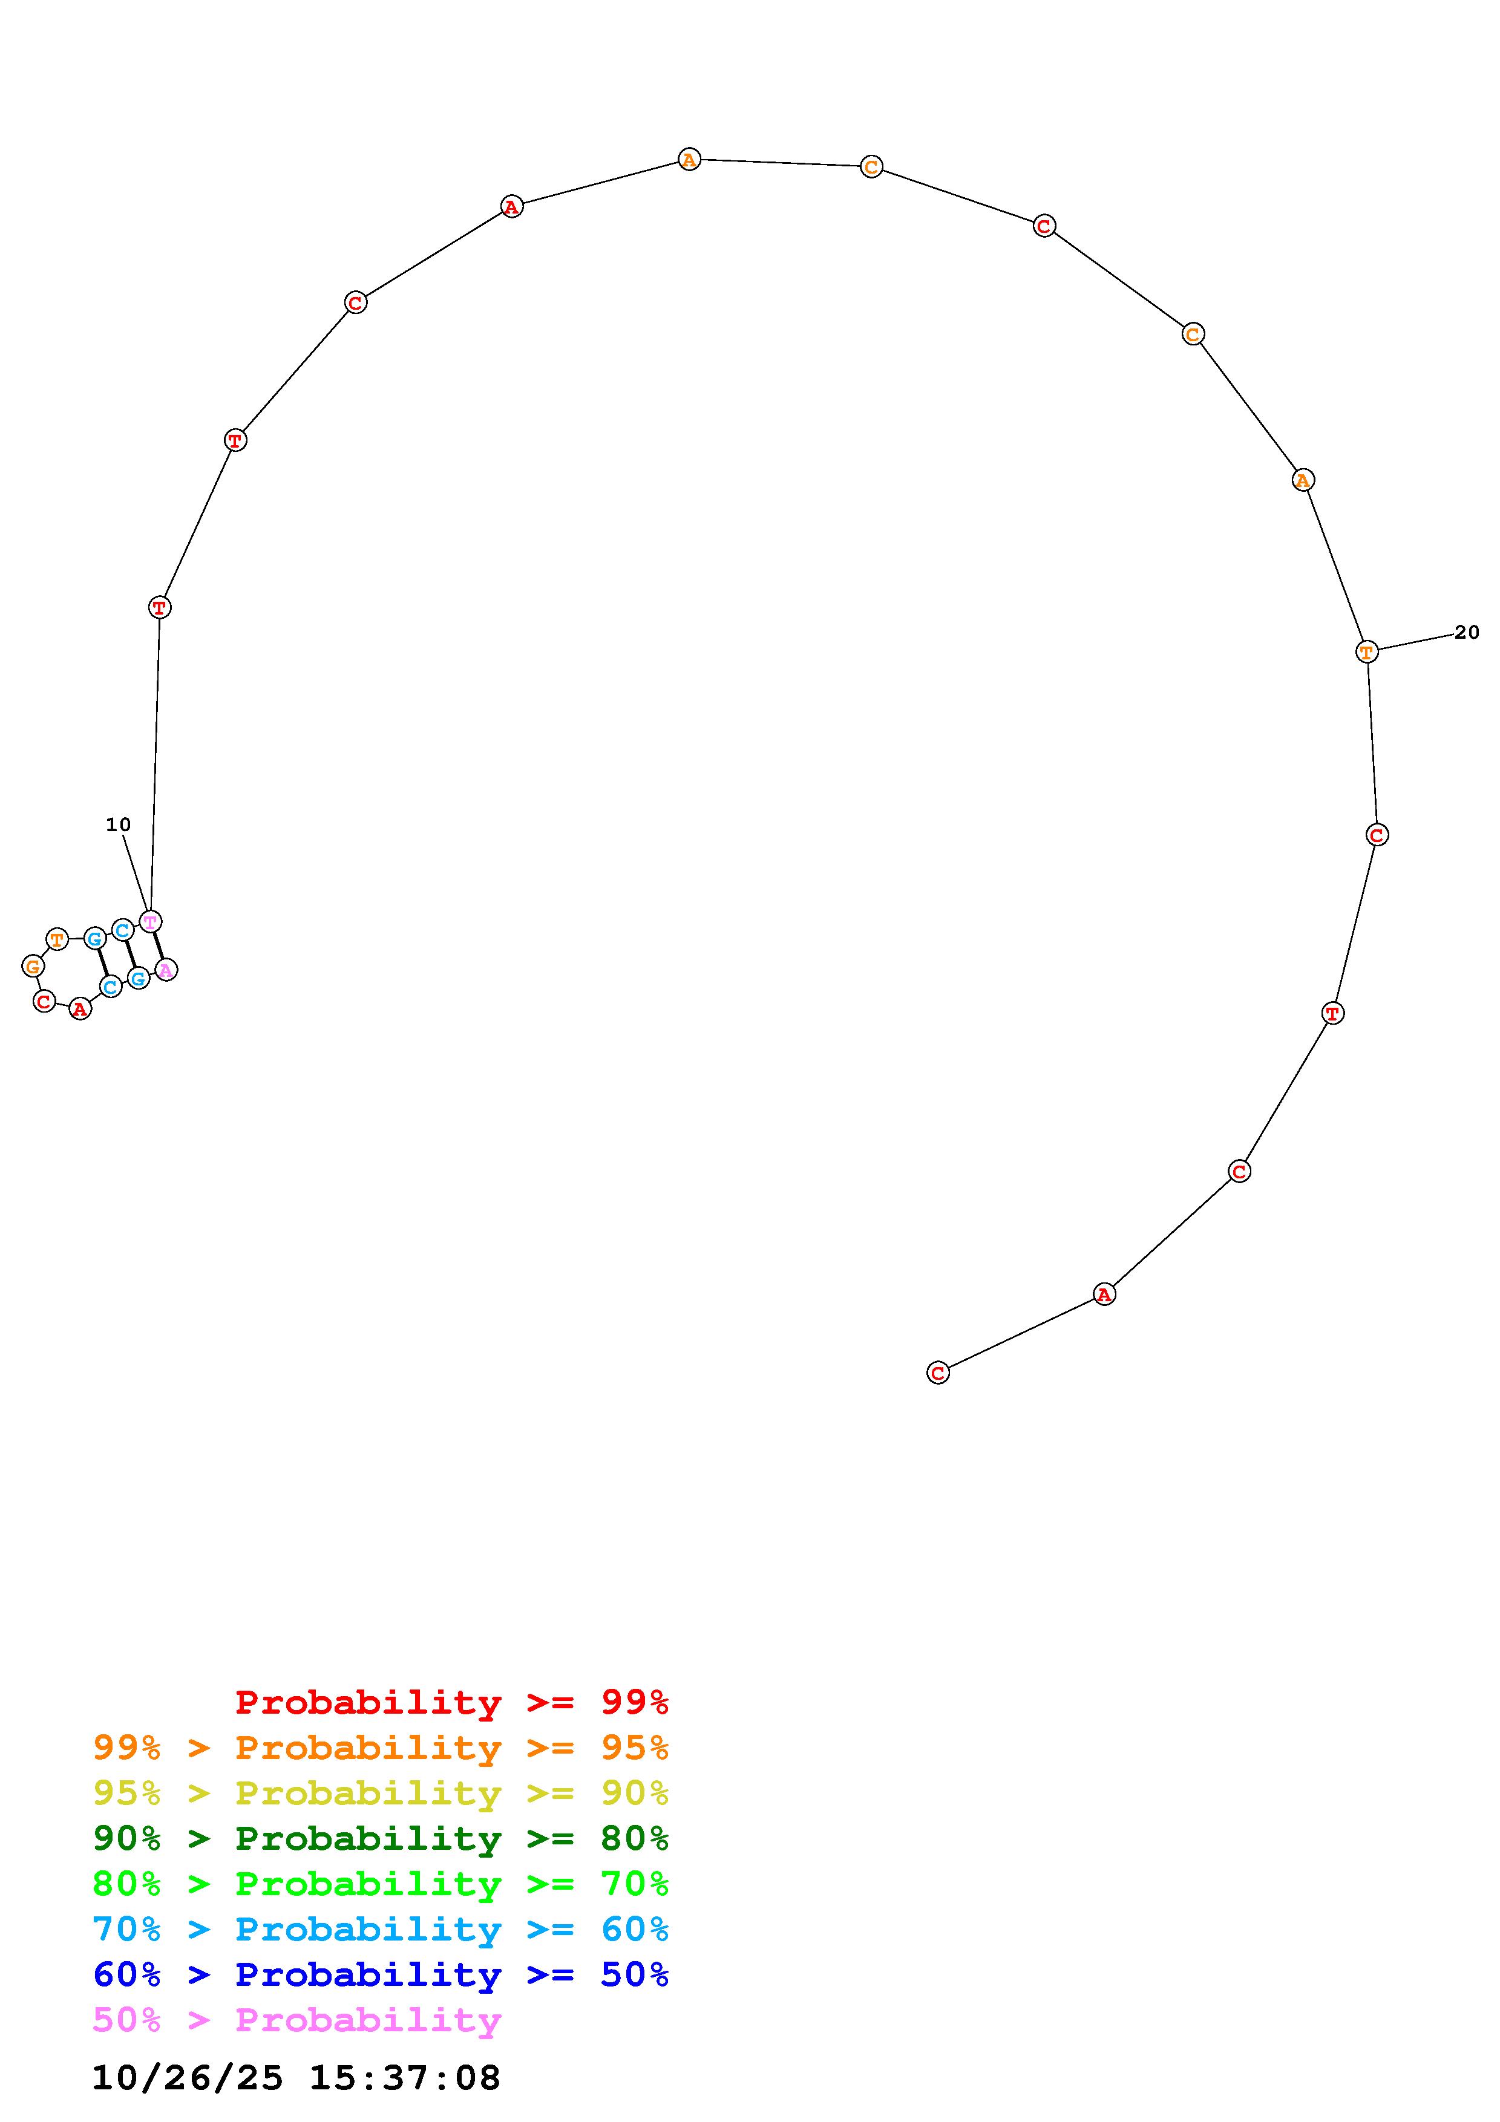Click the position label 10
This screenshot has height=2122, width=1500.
[x=119, y=824]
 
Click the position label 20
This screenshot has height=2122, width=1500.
[x=1467, y=632]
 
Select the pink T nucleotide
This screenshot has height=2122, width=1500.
[x=149, y=921]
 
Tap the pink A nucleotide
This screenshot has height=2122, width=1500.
[x=165, y=970]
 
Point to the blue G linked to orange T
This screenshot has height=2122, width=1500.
[x=94, y=939]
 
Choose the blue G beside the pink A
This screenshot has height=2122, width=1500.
[x=138, y=978]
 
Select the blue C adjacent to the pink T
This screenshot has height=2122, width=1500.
[x=122, y=930]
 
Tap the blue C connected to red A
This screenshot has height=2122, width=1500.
[x=110, y=987]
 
